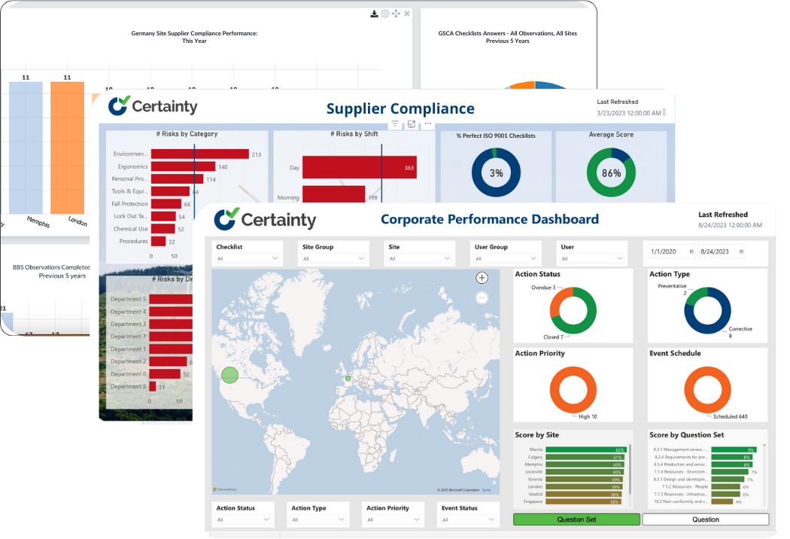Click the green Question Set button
pos(576,519)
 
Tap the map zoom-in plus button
pos(482,278)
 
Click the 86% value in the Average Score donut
pos(611,173)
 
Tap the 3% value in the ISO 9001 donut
pos(497,173)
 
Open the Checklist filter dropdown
pos(248,258)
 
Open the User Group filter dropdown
pos(506,258)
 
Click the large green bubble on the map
pos(229,375)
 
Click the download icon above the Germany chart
pos(375,14)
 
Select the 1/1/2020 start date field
pos(670,251)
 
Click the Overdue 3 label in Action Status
pos(543,288)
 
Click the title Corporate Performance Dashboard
pos(490,219)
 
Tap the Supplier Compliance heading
pos(400,109)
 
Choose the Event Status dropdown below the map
pos(467,519)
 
